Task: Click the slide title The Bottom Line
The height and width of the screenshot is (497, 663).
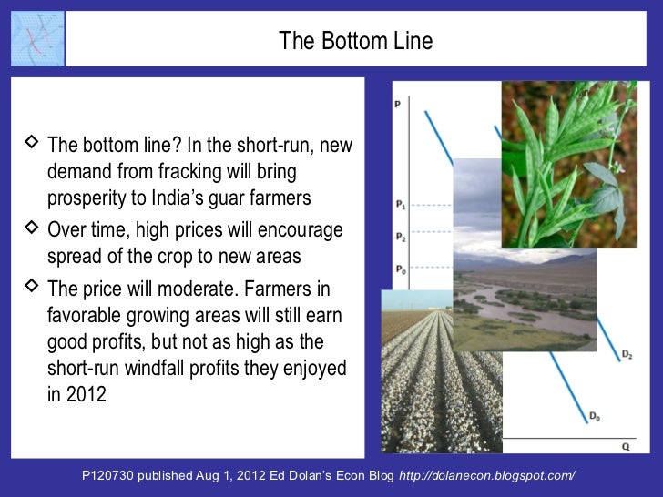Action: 355,41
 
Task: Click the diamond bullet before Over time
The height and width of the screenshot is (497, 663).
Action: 32,228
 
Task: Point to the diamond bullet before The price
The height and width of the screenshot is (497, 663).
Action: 32,288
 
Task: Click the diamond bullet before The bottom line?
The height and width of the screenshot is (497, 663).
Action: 32,143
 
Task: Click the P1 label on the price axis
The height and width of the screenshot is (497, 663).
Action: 402,206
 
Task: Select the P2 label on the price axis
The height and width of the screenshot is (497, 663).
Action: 402,237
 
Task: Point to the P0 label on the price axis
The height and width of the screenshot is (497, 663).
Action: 402,269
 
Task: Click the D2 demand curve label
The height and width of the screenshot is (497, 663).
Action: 627,352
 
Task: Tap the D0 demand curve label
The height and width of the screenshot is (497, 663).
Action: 594,416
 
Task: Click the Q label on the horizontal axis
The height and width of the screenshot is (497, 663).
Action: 625,447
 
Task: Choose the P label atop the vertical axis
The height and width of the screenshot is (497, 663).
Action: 397,105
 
